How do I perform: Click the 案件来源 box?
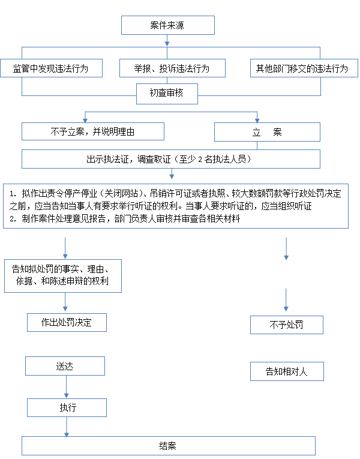[x=168, y=25]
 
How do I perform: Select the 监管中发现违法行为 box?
[x=51, y=68]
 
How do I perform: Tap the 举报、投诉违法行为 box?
[x=172, y=68]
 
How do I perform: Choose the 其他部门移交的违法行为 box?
[x=304, y=68]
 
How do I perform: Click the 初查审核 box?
[x=167, y=94]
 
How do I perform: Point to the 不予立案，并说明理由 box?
[x=93, y=131]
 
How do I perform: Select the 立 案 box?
[x=267, y=132]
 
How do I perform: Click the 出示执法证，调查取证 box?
[x=171, y=159]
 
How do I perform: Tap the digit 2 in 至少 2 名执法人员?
[x=200, y=160]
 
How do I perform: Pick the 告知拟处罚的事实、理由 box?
[x=63, y=276]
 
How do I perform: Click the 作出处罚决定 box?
[x=67, y=322]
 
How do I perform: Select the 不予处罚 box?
[x=287, y=325]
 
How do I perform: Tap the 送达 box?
[x=65, y=366]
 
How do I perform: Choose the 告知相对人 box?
[x=287, y=371]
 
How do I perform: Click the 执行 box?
[x=67, y=407]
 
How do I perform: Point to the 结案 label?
[x=168, y=446]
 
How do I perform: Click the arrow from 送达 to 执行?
[x=67, y=386]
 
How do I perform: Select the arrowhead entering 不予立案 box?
[x=85, y=121]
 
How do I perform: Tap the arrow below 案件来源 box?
[x=167, y=40]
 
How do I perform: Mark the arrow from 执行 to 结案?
[x=67, y=427]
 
